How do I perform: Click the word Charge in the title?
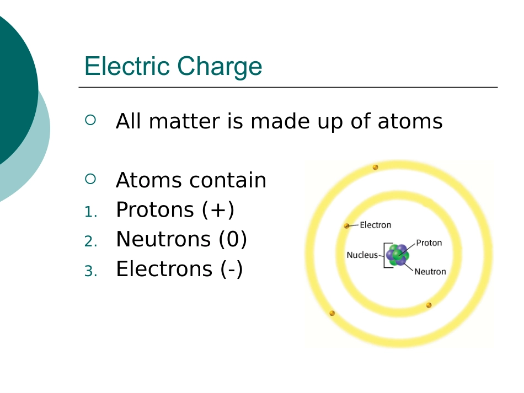point(220,67)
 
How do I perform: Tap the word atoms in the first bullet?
point(410,122)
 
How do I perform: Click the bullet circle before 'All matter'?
point(90,120)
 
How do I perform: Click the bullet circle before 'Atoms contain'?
point(90,179)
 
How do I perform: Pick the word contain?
point(228,180)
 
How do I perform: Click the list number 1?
point(90,212)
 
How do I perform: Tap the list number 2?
point(90,241)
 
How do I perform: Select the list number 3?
point(90,271)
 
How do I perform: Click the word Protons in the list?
point(155,210)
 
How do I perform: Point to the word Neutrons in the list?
point(163,239)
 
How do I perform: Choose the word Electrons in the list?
point(164,269)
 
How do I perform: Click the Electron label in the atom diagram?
point(375,225)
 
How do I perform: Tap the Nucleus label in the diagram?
point(362,255)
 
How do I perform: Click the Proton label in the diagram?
point(429,243)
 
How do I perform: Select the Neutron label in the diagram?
point(430,272)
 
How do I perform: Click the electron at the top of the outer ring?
point(375,167)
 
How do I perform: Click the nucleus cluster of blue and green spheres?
point(397,255)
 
